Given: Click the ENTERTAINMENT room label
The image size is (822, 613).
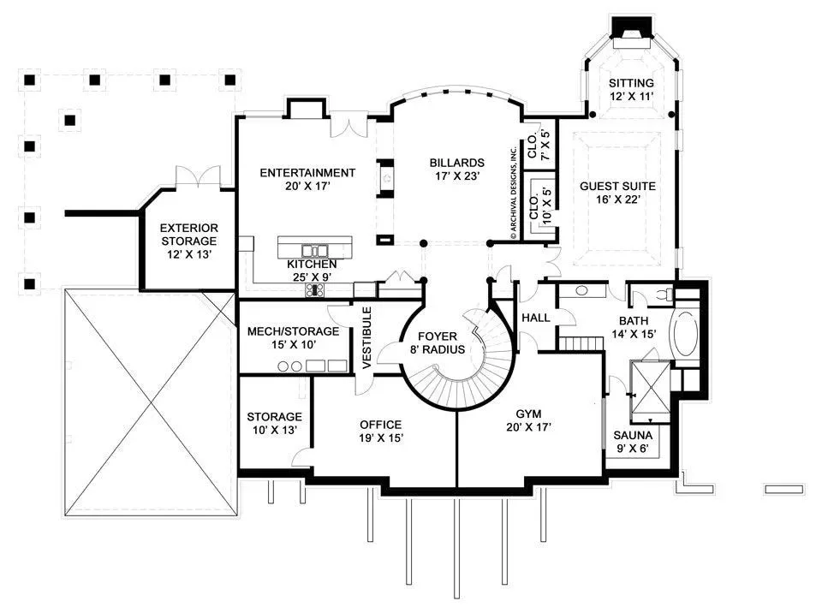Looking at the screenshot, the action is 307,173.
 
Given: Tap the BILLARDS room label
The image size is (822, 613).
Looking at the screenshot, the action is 457,163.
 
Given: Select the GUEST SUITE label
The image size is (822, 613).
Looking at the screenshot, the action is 617,186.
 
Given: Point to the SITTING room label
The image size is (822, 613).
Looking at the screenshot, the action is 631,83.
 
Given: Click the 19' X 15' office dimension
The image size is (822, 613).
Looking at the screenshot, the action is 381,437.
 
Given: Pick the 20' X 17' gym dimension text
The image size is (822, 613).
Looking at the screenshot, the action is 528,427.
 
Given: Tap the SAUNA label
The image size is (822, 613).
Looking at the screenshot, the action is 633,435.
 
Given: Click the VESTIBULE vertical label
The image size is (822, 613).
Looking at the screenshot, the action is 367,337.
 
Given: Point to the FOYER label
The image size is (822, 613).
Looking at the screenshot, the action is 438,336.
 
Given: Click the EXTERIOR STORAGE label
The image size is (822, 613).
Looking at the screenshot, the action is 188,235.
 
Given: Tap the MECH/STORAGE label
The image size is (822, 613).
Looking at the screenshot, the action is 293,331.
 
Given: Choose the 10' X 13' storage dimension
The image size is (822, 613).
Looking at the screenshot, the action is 274,430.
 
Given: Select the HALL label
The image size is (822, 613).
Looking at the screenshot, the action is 536,318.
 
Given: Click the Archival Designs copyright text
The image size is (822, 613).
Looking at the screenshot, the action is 514,193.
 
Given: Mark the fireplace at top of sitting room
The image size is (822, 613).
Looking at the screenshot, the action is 632,27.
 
